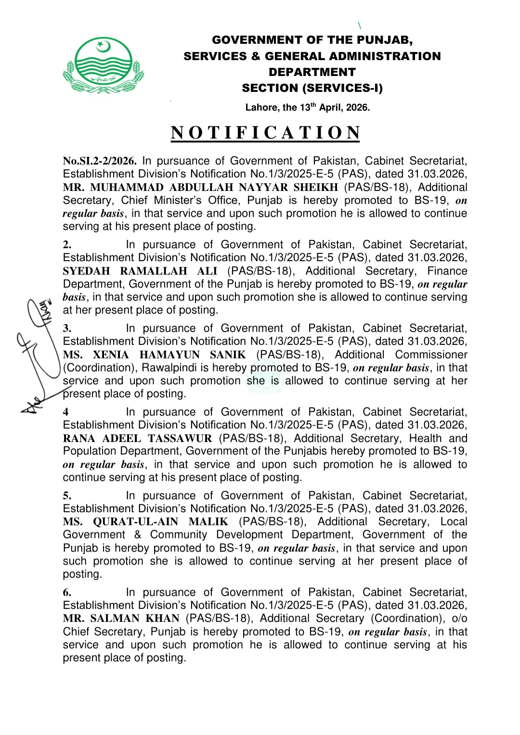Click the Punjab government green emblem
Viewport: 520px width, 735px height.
tap(103, 65)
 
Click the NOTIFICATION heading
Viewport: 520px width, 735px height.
tap(266, 133)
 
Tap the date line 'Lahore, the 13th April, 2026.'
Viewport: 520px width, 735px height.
tap(308, 107)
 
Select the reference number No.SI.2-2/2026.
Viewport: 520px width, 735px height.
tap(100, 161)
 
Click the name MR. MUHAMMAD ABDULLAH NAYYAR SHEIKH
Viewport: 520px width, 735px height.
tap(200, 188)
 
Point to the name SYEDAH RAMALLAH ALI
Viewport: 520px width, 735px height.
tap(140, 271)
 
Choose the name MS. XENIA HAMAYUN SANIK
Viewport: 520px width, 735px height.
tap(154, 355)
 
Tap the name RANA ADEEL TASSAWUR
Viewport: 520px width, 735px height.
tap(137, 439)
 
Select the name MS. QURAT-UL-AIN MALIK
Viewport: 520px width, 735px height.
tap(145, 522)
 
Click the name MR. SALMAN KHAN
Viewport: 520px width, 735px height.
tap(121, 619)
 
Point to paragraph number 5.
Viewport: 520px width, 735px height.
tap(67, 496)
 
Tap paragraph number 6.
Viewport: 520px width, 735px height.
tap(67, 593)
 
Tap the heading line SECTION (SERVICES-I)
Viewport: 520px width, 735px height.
tap(312, 88)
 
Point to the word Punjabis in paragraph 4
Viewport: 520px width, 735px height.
tap(304, 451)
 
